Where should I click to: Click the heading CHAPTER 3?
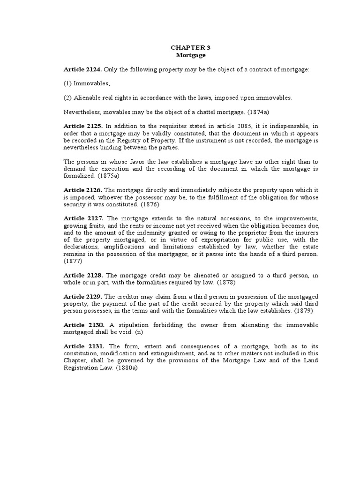pos(187,48)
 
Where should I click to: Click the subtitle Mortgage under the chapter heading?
pos(187,55)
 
